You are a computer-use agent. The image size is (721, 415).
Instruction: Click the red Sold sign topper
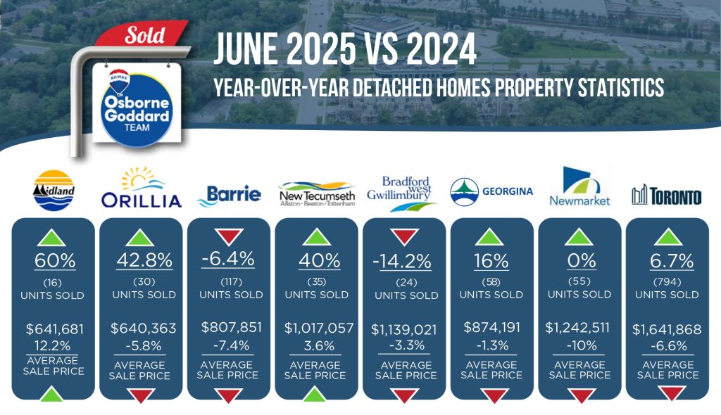click(x=142, y=34)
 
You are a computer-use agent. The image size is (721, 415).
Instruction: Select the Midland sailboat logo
click(x=54, y=191)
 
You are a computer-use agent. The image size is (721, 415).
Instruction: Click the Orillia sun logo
click(x=141, y=188)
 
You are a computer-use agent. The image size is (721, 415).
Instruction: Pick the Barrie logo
click(x=229, y=195)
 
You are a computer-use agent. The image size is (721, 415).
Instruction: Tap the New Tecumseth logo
click(x=317, y=194)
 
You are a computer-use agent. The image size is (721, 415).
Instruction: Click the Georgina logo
click(x=491, y=191)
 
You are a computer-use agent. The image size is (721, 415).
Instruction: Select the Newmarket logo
click(x=580, y=186)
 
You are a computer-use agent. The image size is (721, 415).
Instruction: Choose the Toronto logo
click(x=667, y=196)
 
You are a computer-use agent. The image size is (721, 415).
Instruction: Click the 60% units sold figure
click(x=55, y=260)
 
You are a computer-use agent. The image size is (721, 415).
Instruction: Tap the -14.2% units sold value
click(x=402, y=262)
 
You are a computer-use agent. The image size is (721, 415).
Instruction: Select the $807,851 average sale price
click(x=231, y=327)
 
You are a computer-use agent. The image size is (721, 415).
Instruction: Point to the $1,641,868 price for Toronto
click(x=667, y=329)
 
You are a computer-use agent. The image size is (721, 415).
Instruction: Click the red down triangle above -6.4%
click(x=230, y=236)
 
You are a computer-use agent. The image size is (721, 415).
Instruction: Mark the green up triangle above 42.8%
click(x=140, y=238)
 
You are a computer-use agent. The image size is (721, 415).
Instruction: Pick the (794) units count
click(x=667, y=281)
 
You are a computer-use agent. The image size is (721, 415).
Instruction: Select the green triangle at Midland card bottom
click(x=52, y=395)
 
